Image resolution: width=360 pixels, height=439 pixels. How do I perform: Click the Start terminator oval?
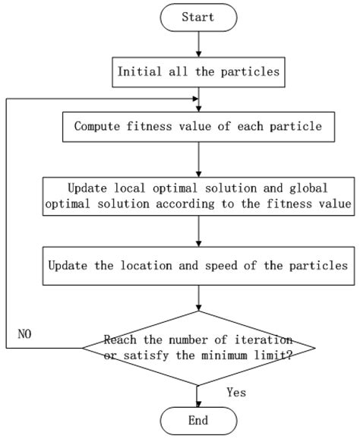(198, 17)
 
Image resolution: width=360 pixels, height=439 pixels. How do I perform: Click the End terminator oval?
(198, 420)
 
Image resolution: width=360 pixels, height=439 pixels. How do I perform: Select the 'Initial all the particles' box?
(198, 73)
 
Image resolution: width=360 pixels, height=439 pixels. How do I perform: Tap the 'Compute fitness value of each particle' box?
(198, 126)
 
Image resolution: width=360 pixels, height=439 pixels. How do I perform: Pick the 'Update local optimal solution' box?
(198, 195)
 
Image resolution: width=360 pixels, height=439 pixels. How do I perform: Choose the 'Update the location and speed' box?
(198, 266)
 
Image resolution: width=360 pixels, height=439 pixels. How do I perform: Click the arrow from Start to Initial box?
(198, 44)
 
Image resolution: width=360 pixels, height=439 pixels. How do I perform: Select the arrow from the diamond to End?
(198, 392)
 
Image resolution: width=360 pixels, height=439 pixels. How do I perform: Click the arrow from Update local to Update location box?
(198, 231)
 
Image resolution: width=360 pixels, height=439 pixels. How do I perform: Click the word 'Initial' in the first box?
(138, 73)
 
